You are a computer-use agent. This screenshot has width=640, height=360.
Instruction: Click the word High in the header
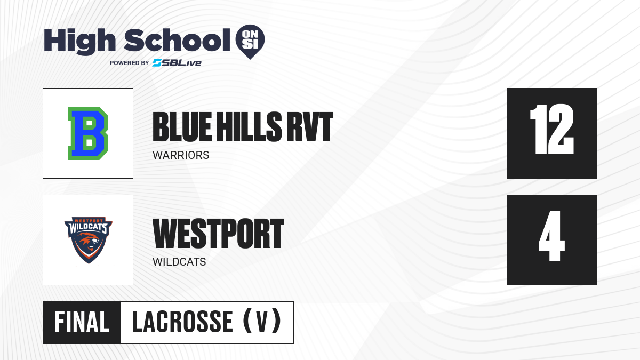point(79,42)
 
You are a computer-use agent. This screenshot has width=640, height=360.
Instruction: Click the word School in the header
point(177,40)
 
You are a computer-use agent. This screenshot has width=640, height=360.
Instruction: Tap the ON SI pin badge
point(250,42)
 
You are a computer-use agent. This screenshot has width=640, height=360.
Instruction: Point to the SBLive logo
point(177,63)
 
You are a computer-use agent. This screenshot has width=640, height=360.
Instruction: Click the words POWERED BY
point(130,63)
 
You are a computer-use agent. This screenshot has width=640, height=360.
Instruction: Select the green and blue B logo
point(88,133)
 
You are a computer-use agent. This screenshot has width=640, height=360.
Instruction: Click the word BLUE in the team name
point(182,127)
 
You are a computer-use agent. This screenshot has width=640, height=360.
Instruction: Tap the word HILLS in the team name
point(249,127)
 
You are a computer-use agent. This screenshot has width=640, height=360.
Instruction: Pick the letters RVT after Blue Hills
point(310,127)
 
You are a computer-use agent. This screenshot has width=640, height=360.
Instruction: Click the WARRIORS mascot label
point(181,155)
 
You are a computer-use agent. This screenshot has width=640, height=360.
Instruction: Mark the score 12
point(551,130)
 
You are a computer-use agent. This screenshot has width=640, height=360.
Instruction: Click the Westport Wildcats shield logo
point(89,240)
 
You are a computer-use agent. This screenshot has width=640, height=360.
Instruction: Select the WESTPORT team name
point(218,234)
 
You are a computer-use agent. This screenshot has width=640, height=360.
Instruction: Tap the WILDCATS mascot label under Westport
point(179,262)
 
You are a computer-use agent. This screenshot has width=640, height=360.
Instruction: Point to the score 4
point(551,236)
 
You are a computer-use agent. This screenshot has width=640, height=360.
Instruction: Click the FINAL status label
point(82,322)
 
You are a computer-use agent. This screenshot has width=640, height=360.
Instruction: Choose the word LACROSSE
point(182,322)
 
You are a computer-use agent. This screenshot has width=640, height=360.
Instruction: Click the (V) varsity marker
point(262,321)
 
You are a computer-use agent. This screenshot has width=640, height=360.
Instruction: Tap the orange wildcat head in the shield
point(89,243)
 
